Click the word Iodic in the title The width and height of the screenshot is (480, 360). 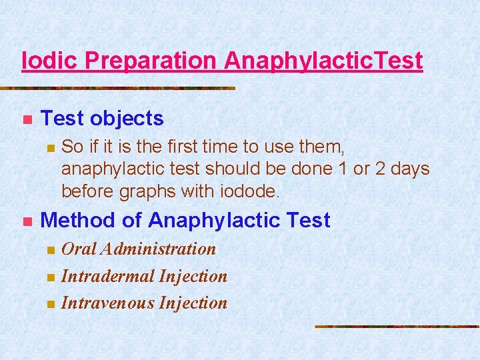[51, 61]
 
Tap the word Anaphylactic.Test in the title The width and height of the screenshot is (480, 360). [323, 61]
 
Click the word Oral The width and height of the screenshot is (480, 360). [78, 249]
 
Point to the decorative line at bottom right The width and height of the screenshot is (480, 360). [397, 327]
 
